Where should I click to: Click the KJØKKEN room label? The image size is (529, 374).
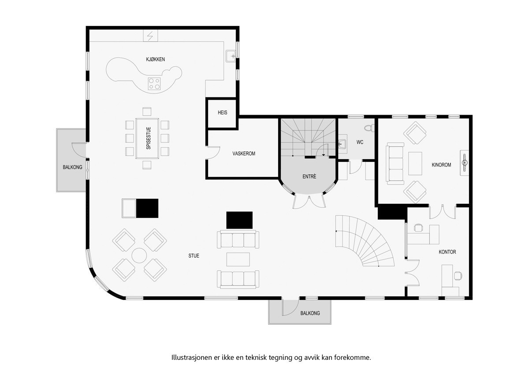(155, 60)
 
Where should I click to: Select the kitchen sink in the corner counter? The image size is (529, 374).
(231, 56)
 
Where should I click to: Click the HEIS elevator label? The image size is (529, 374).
(223, 113)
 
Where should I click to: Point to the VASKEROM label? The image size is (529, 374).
(244, 154)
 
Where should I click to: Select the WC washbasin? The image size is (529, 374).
(343, 143)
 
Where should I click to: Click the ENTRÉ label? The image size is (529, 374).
(309, 177)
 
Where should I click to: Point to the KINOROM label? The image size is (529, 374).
(441, 165)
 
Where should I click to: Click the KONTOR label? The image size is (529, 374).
(447, 252)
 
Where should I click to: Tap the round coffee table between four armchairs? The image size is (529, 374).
(140, 256)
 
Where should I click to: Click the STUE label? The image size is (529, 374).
(194, 255)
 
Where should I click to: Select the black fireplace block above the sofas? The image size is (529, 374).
(239, 220)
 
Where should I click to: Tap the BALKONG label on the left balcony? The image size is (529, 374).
(72, 168)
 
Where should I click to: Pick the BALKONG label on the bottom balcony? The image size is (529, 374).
(310, 314)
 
